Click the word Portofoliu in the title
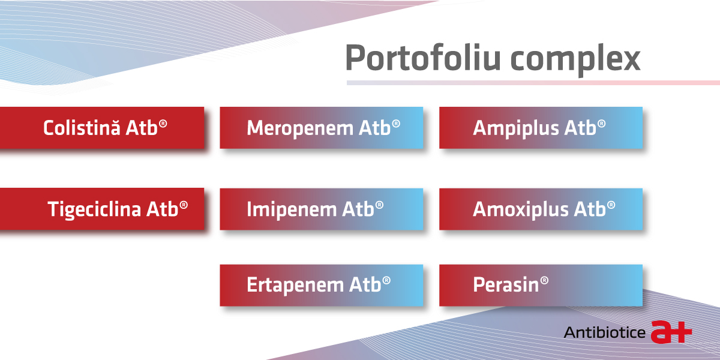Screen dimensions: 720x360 coord(422,58)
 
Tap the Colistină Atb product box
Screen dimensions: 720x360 coord(102,128)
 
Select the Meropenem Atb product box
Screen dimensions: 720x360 coord(322,128)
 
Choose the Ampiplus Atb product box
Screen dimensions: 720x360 coord(541,128)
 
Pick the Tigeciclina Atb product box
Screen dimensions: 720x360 coord(102,209)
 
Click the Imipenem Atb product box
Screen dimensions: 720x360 coord(322,209)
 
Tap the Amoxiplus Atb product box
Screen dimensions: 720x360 coord(541,209)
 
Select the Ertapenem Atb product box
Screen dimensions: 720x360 coord(322,285)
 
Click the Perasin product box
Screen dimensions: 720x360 coord(541,285)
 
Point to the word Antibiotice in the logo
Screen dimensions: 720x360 coord(605,332)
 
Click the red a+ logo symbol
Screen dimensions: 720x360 coord(671,332)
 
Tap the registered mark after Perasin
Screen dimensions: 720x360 coord(544,281)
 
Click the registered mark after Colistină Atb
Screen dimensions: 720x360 coord(163,124)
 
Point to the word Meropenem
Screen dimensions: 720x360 coord(299,128)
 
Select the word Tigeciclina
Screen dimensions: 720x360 coord(94,210)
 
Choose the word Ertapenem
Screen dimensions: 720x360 coord(295,286)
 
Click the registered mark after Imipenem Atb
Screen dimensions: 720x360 coord(379,205)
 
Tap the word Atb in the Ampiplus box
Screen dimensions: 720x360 coord(581,128)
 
